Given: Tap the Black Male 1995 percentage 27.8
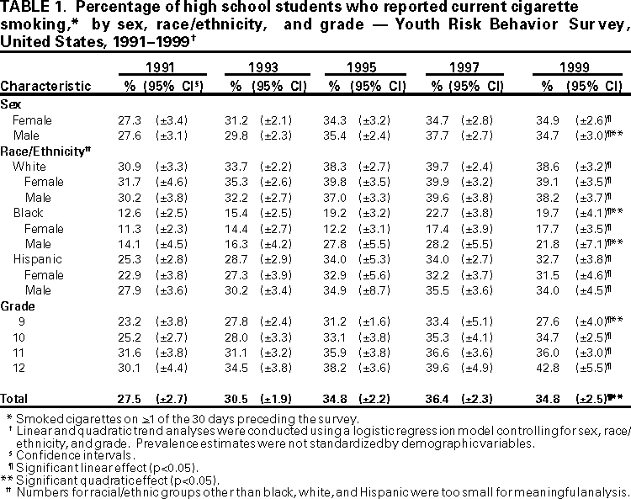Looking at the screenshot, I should coord(339,243).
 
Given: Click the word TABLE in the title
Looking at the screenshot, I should coord(24,9).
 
